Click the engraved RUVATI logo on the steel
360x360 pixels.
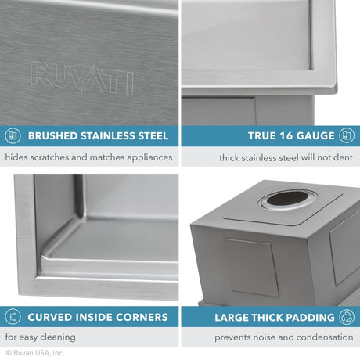coord(81,79)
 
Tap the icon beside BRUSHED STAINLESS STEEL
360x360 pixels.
coord(13,135)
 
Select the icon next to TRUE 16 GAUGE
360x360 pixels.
coord(347,135)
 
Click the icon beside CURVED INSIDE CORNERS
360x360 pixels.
coord(13,317)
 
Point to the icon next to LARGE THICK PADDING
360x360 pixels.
coord(347,317)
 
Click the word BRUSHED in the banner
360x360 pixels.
coord(52,135)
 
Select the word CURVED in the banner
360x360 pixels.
coord(51,317)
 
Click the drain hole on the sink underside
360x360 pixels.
coord(280,199)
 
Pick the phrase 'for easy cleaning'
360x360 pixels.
coord(41,337)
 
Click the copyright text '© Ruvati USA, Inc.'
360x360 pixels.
coord(34,354)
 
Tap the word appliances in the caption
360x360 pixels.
coord(146,157)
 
